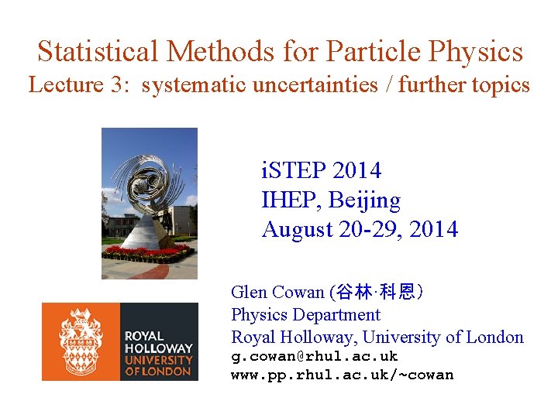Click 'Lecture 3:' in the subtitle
coord(79,85)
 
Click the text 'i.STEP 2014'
coord(322,170)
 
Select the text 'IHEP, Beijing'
coord(331,200)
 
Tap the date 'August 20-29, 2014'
coord(360,230)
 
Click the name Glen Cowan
coord(277,293)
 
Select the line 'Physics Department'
coord(305,315)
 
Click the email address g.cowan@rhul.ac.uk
coord(314,357)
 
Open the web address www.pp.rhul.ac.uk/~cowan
coord(342,375)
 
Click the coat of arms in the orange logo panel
coord(81,341)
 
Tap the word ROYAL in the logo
coord(144,336)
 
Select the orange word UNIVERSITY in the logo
coord(159,360)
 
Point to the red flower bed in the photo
coord(147,252)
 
